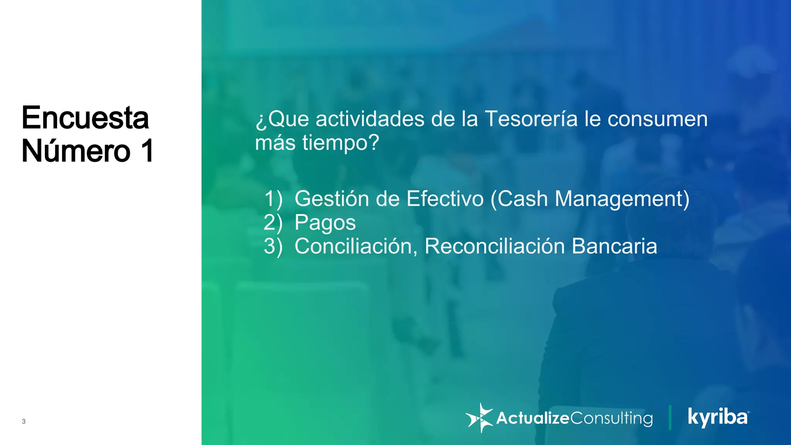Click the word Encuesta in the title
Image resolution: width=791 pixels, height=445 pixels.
coord(85,118)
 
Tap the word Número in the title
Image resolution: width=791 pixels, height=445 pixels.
coord(76,151)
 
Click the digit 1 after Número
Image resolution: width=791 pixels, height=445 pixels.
coord(147,151)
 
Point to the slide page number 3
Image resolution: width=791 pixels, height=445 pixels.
coord(24,421)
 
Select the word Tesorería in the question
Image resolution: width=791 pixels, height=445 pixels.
coord(531,119)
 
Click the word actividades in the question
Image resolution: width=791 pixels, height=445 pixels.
coord(370,119)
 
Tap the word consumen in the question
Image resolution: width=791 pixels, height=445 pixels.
coord(657,119)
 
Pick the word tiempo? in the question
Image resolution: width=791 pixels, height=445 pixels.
coord(341,143)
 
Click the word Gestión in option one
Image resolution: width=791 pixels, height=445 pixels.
coord(332,199)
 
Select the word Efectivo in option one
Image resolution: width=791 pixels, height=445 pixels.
coord(445,199)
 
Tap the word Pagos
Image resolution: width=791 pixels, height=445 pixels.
coord(325,223)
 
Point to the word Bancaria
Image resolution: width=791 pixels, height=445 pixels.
coord(614,246)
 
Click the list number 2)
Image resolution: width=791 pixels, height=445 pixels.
coord(273,223)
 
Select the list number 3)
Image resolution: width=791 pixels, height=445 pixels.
coord(273,246)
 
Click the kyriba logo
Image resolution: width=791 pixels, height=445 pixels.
coord(718,417)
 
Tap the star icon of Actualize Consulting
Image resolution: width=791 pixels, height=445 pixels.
coord(480,418)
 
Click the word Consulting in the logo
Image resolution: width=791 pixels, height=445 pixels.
coord(611,418)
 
